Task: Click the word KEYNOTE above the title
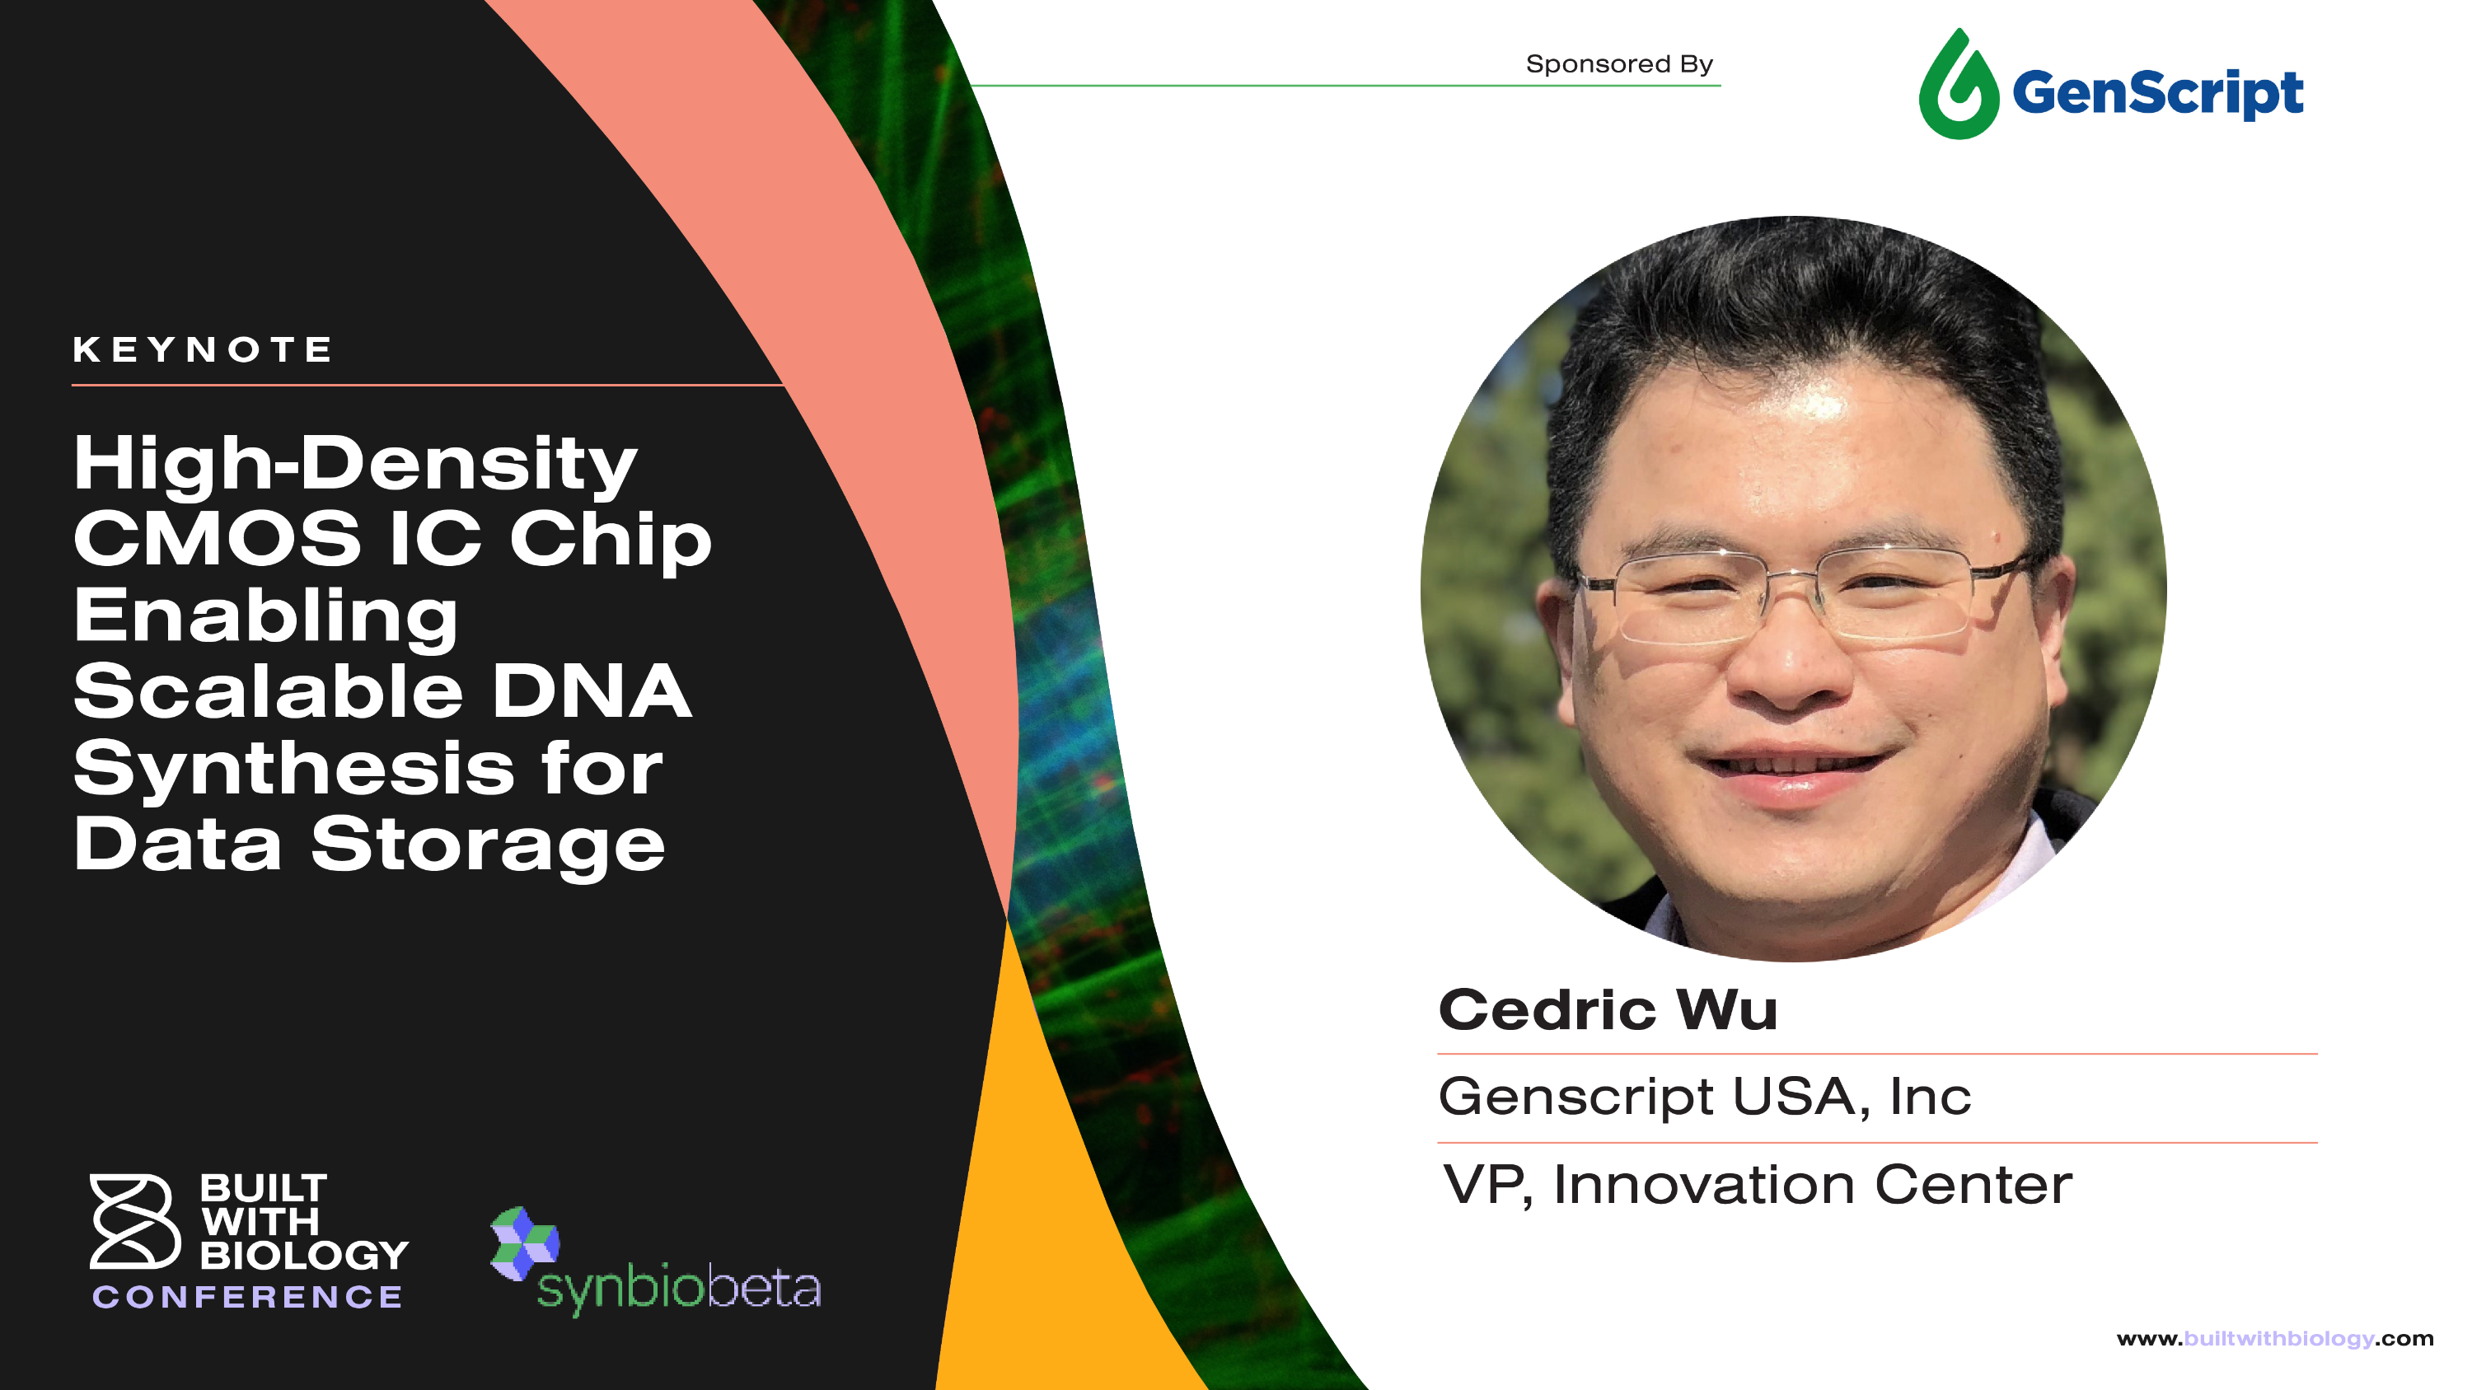[203, 349]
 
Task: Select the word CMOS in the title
[218, 539]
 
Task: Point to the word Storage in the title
[488, 845]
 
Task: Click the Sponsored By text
[1619, 64]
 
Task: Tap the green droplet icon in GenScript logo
[1958, 87]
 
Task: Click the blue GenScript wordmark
[2157, 93]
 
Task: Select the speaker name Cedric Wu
[1608, 1010]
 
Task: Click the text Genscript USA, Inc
[1704, 1097]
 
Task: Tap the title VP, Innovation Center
[1757, 1185]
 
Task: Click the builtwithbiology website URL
[2274, 1338]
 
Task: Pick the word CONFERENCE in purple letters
[247, 1297]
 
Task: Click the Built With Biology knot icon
[134, 1220]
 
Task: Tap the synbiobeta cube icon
[524, 1243]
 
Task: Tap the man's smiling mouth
[1790, 767]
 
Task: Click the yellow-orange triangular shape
[1037, 1247]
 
